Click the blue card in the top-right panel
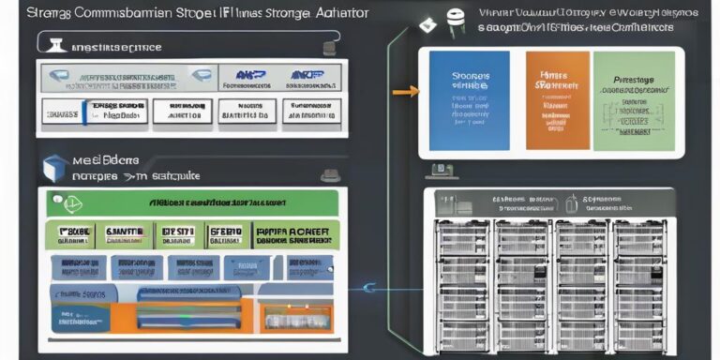468,100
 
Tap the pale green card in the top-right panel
633,100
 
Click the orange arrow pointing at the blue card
405,92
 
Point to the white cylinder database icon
457,22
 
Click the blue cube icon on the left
54,168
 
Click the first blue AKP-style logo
247,76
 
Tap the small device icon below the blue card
439,172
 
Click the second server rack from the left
522,281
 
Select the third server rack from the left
580,281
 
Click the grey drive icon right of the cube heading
329,174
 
